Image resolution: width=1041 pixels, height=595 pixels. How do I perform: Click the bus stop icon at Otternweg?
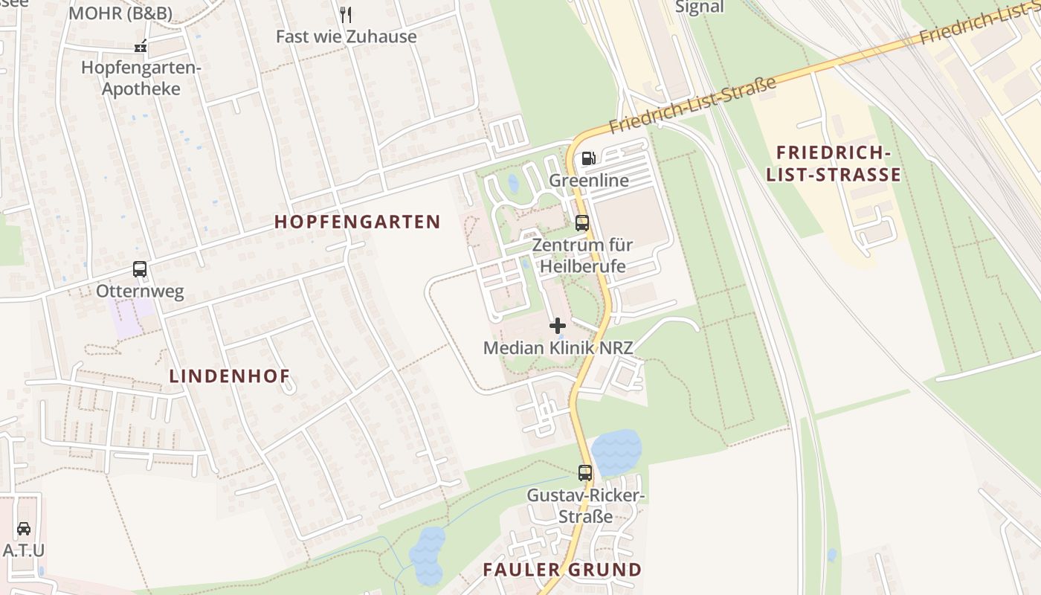click(x=140, y=269)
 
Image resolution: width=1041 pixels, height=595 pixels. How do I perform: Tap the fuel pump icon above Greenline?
click(x=588, y=158)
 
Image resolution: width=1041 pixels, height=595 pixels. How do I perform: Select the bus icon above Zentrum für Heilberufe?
click(x=582, y=222)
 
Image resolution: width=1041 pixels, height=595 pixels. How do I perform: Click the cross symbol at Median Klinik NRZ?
click(x=558, y=326)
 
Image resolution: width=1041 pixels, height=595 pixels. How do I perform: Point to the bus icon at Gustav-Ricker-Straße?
click(x=585, y=472)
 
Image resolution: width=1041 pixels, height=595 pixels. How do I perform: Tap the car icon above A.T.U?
click(x=24, y=529)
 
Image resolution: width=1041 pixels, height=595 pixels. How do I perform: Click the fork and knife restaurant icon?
click(x=346, y=14)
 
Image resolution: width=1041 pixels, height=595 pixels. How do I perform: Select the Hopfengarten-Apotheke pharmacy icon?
click(x=141, y=47)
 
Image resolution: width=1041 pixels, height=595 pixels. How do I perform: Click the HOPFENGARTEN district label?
click(x=358, y=222)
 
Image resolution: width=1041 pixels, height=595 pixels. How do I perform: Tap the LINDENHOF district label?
click(x=230, y=376)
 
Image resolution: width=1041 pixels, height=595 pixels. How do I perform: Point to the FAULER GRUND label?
click(x=562, y=570)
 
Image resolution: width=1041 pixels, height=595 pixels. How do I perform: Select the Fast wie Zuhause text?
click(x=346, y=36)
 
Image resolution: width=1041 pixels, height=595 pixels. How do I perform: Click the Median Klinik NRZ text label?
click(x=558, y=347)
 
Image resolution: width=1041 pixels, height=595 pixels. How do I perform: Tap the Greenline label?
click(x=589, y=180)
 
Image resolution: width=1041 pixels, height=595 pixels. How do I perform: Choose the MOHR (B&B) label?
click(x=120, y=13)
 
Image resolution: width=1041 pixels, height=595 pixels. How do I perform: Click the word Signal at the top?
click(x=699, y=7)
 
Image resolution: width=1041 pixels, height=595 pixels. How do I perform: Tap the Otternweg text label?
click(x=140, y=291)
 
